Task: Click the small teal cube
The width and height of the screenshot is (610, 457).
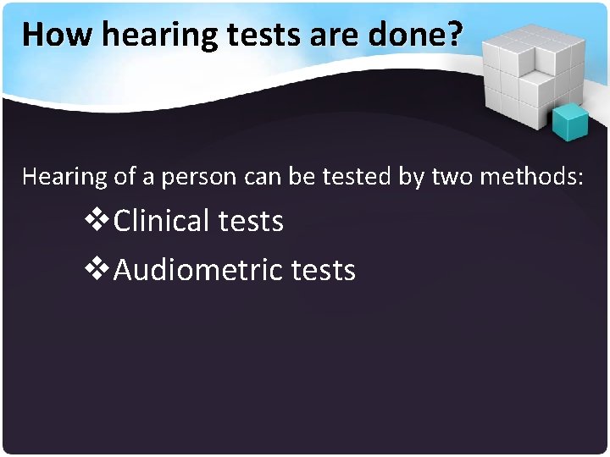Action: click(569, 123)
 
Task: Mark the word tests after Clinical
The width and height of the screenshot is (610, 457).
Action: click(251, 222)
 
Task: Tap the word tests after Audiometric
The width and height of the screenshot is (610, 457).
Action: click(323, 271)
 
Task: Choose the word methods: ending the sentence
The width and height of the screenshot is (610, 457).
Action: click(533, 177)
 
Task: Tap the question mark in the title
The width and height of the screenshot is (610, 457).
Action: click(455, 34)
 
